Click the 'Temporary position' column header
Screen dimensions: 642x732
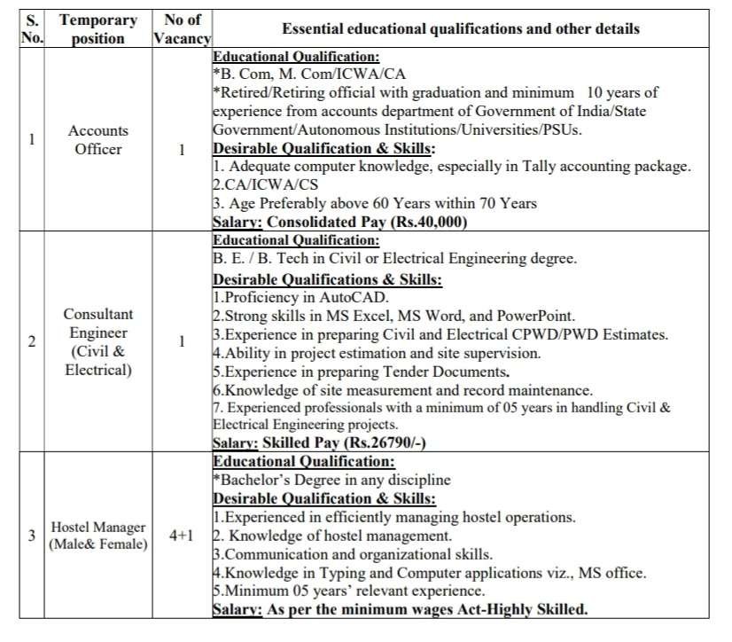[97, 28]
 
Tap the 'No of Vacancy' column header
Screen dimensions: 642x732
[182, 28]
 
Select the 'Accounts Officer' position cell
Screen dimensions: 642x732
[97, 140]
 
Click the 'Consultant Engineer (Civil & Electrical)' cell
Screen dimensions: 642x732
[97, 341]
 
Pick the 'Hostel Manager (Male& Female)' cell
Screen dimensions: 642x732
[97, 536]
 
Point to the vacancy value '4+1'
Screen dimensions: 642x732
[182, 536]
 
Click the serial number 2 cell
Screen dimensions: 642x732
[32, 341]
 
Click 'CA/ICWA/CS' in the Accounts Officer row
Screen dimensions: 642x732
[260, 184]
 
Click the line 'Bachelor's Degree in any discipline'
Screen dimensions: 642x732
[333, 480]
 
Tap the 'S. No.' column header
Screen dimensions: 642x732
[32, 28]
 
